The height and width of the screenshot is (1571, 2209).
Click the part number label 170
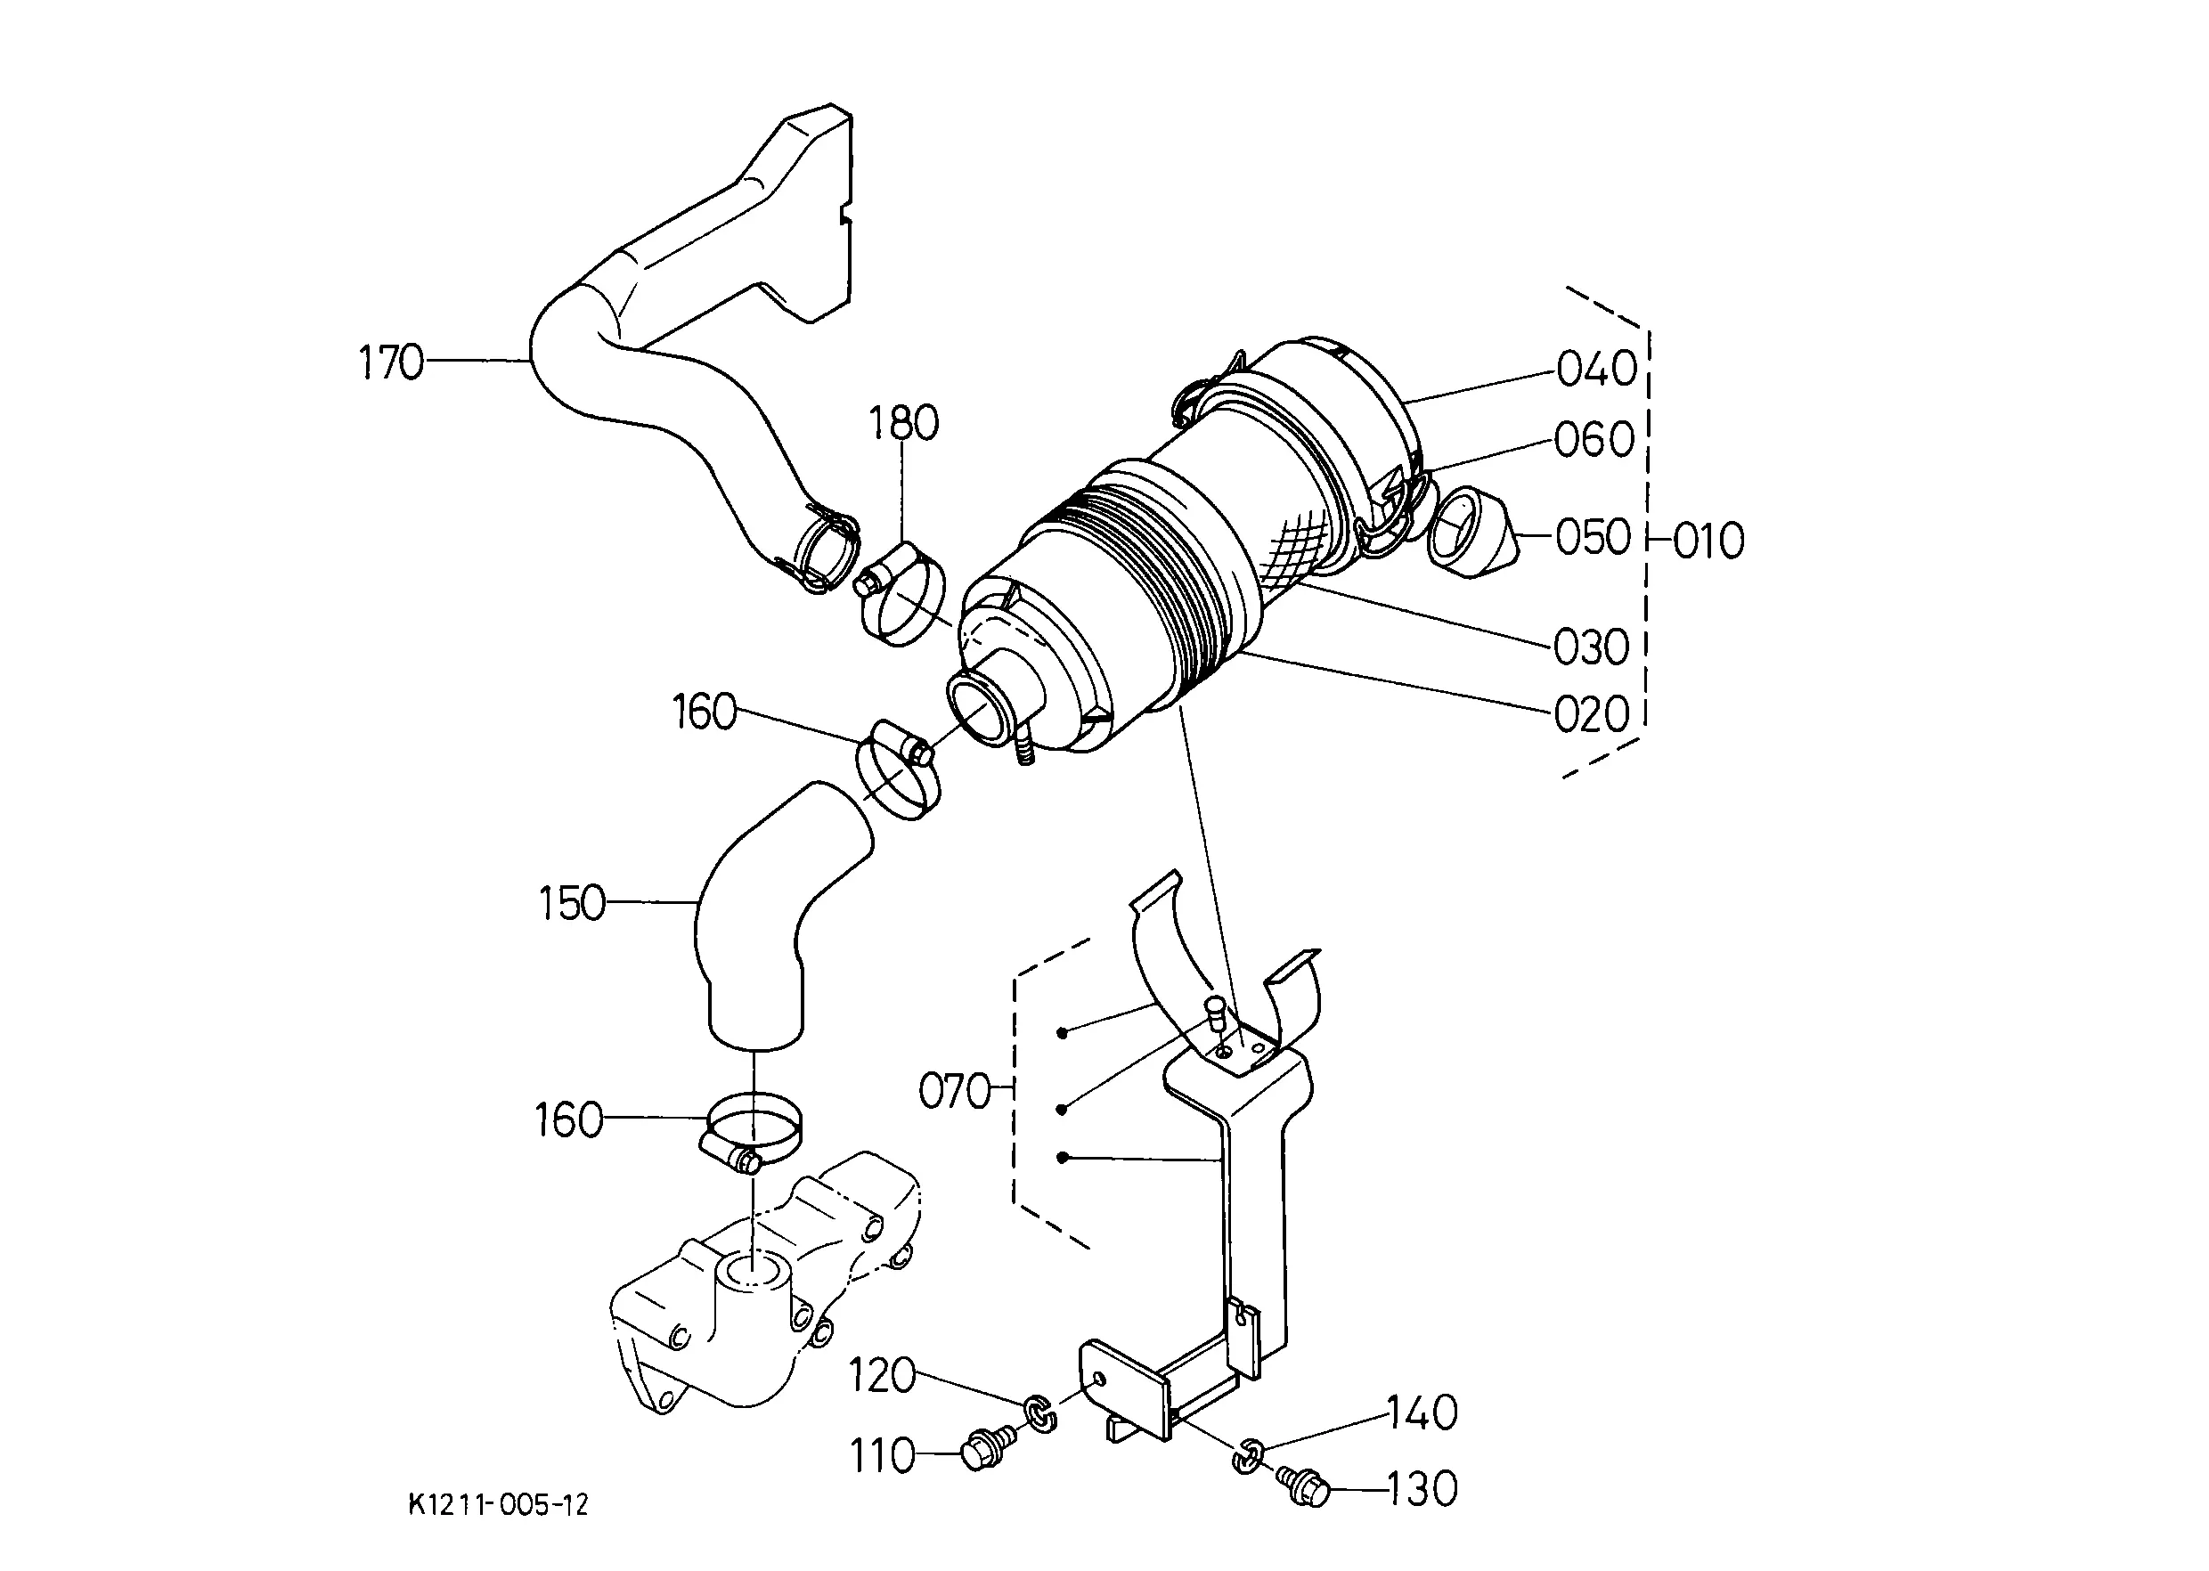coord(391,362)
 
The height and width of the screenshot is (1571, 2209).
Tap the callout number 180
coord(904,424)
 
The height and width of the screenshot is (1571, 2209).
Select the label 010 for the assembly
coord(1708,541)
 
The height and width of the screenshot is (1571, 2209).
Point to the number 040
coord(1597,369)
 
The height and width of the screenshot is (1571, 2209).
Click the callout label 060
coord(1594,440)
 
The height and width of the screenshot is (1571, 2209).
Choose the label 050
coord(1593,538)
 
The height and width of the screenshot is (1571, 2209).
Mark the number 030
coord(1593,647)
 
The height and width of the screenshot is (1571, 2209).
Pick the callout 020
coord(1593,716)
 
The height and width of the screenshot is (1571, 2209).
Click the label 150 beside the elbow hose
coord(572,905)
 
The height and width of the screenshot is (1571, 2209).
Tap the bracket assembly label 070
coord(955,1092)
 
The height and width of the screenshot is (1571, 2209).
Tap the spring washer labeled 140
coord(1248,1456)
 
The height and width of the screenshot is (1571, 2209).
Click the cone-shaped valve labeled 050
coord(1471,532)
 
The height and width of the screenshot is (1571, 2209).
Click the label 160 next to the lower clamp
coord(569,1121)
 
